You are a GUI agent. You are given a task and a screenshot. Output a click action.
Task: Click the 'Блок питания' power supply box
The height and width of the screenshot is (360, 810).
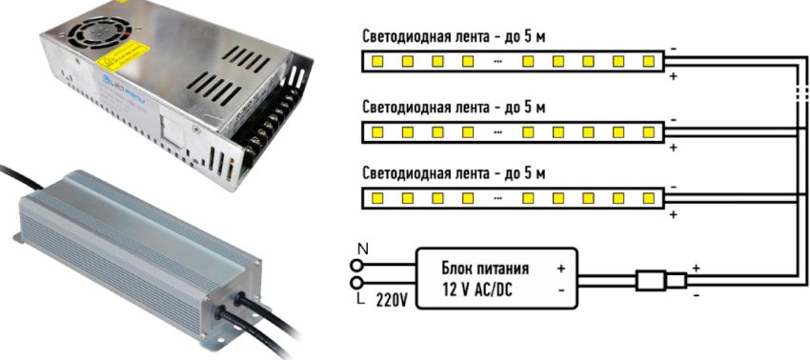tap(497, 277)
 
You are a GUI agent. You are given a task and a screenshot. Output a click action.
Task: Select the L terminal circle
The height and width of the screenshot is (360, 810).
tap(359, 283)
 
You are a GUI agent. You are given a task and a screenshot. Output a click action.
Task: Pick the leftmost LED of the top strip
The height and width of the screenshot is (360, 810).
tap(376, 62)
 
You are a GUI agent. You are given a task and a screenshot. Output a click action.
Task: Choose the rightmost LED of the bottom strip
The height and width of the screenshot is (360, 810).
tap(649, 199)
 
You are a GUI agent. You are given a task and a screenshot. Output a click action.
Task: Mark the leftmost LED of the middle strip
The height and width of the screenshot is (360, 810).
tap(376, 130)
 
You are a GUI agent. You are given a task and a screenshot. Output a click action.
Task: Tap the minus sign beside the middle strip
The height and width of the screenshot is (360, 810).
tap(673, 118)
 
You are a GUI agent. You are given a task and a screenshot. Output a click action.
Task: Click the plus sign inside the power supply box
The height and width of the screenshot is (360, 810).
tap(561, 269)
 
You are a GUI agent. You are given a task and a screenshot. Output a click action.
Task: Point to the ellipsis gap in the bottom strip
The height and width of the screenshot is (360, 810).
tap(497, 199)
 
